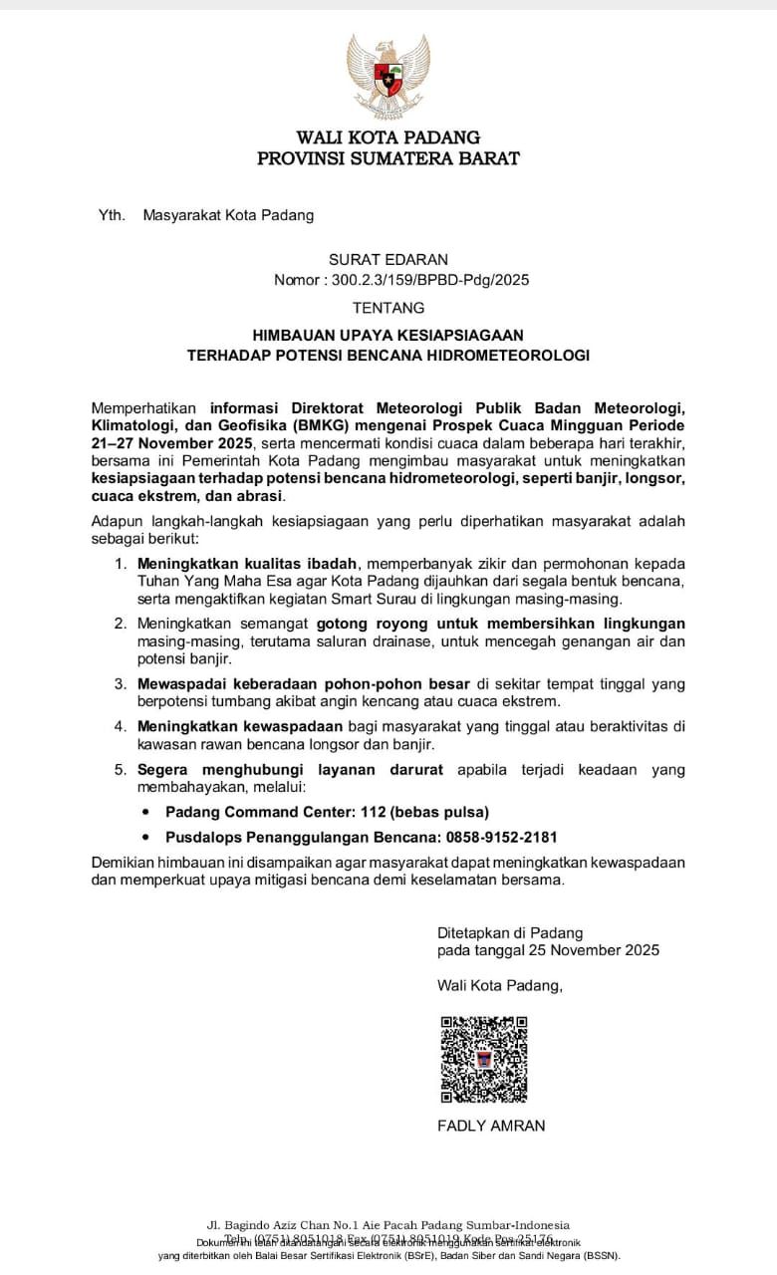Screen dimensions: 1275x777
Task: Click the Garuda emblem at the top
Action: [388, 78]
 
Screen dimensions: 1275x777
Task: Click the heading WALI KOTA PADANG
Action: [388, 137]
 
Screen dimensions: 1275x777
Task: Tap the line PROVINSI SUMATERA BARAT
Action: [388, 158]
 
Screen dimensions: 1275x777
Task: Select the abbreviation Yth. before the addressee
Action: [112, 215]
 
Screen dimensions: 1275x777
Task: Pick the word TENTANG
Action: [388, 308]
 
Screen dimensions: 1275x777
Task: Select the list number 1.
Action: [119, 564]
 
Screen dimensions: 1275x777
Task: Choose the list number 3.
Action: [119, 684]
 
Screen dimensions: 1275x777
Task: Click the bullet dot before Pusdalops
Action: [147, 839]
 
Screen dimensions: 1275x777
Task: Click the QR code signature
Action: [483, 1059]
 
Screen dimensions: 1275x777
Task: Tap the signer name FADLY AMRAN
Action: [491, 1126]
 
